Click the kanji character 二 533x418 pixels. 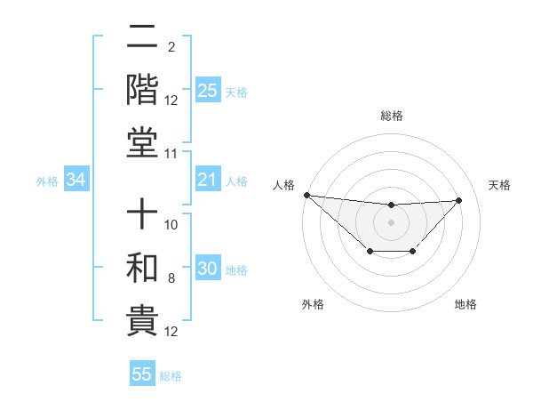point(142,39)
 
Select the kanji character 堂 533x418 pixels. point(142,141)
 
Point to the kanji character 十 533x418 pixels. point(142,216)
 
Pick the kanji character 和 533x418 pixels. point(142,268)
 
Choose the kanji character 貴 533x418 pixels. point(142,319)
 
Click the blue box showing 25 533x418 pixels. point(208,90)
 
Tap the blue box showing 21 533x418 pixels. point(208,181)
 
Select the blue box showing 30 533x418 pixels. point(208,269)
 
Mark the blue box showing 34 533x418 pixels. point(76,181)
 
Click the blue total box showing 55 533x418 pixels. point(142,374)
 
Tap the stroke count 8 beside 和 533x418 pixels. point(171,278)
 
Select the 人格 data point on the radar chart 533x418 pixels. point(306,195)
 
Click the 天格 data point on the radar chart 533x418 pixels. point(458,200)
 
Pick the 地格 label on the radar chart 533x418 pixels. point(465,304)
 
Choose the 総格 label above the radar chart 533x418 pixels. point(391,116)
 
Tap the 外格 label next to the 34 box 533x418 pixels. point(47,181)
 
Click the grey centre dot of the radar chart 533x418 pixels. point(391,221)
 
